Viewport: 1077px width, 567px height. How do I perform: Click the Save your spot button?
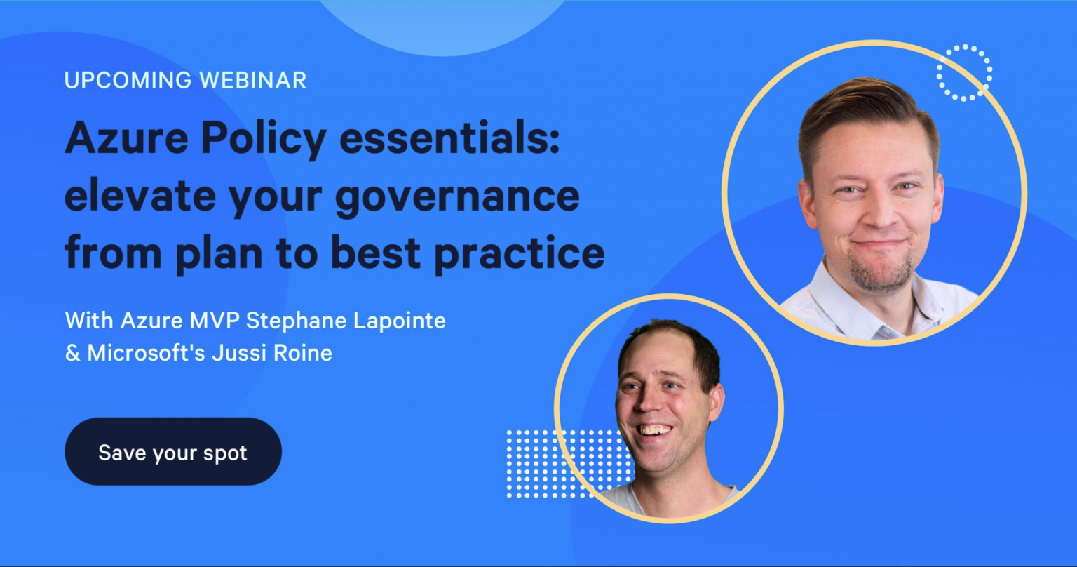pyautogui.click(x=173, y=451)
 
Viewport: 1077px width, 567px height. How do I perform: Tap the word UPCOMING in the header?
pyautogui.click(x=128, y=81)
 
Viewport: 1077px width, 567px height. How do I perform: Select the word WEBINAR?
pyautogui.click(x=253, y=81)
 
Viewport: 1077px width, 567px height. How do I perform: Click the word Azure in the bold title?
pyautogui.click(x=126, y=138)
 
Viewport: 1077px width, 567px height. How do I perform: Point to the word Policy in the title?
pyautogui.click(x=264, y=140)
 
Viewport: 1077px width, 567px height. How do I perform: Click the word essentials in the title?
pyautogui.click(x=450, y=138)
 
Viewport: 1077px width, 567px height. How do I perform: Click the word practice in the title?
pyautogui.click(x=520, y=254)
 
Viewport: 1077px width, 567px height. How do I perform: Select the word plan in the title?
pyautogui.click(x=219, y=254)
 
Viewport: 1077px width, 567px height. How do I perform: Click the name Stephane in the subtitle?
pyautogui.click(x=296, y=321)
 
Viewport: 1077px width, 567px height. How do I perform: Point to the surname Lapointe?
pyautogui.click(x=400, y=321)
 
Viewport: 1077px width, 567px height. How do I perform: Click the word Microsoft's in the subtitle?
pyautogui.click(x=146, y=353)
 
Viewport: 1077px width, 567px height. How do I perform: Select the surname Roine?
pyautogui.click(x=302, y=353)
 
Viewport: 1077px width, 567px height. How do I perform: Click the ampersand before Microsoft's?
pyautogui.click(x=72, y=353)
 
